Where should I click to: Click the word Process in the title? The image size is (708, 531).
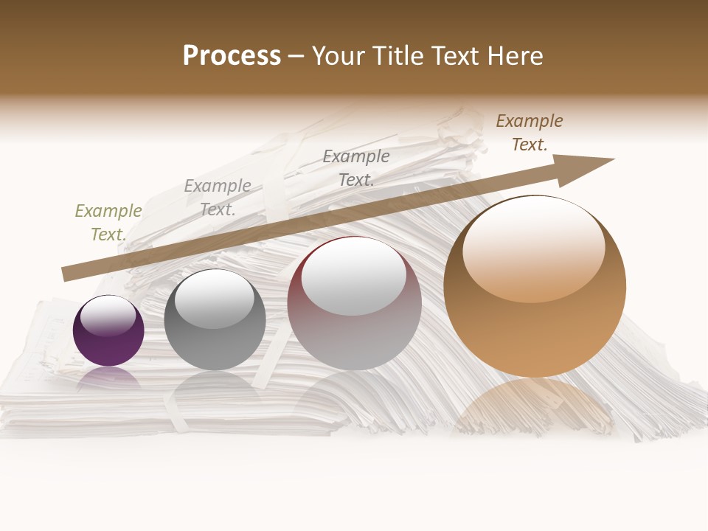tap(232, 56)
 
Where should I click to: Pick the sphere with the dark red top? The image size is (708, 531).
tap(354, 304)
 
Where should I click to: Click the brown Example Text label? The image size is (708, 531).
tap(529, 133)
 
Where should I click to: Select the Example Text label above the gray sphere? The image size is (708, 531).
tap(218, 198)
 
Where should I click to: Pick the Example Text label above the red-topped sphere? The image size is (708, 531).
tap(356, 167)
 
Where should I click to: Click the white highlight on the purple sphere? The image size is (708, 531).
tap(108, 315)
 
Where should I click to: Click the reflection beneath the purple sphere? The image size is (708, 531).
tap(108, 378)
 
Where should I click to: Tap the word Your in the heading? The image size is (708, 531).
tap(339, 56)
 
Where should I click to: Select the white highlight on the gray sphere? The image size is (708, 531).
tap(214, 299)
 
